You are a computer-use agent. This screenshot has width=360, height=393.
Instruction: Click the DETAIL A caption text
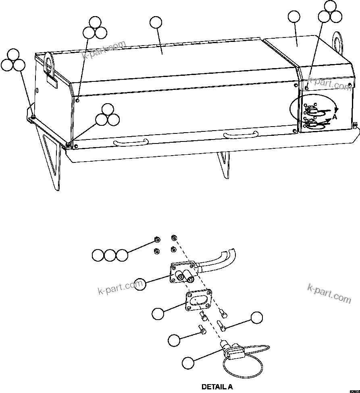tap(217, 387)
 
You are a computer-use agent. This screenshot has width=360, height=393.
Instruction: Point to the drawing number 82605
tap(354, 390)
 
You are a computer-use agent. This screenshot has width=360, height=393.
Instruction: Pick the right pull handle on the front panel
tap(240, 134)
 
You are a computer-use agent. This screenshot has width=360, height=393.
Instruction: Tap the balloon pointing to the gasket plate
tap(158, 313)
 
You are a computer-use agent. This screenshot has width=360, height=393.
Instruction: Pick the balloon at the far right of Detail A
tap(256, 318)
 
